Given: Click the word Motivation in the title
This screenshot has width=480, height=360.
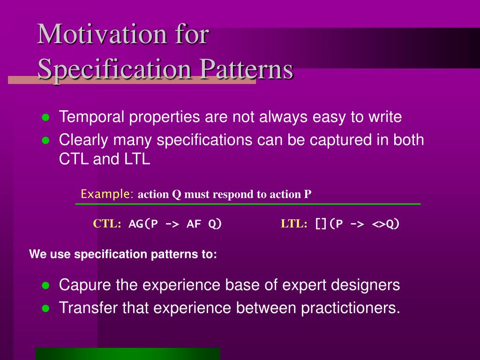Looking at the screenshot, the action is click(x=102, y=34).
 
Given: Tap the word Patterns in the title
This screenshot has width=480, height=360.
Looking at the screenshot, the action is click(x=247, y=69).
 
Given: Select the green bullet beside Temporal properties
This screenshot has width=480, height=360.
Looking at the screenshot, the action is click(x=45, y=118).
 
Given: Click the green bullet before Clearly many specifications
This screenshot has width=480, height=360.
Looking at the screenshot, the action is click(x=45, y=141).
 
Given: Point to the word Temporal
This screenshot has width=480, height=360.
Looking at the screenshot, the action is click(x=91, y=117).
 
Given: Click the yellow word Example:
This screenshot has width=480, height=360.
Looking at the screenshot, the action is click(x=107, y=194).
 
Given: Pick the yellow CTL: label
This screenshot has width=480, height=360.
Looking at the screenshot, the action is click(x=107, y=224).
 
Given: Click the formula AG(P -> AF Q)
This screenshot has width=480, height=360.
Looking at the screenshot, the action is click(x=175, y=224).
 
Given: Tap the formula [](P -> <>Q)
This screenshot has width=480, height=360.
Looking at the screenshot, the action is click(x=357, y=224).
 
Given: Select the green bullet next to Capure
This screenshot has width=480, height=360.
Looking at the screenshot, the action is click(x=45, y=285).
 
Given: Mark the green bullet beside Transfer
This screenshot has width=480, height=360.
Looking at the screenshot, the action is click(x=45, y=308).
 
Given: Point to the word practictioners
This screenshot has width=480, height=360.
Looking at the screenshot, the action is click(x=351, y=308).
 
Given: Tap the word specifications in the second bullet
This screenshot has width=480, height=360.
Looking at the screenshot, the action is click(x=204, y=140).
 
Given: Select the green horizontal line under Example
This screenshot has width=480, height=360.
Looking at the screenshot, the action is click(x=248, y=204).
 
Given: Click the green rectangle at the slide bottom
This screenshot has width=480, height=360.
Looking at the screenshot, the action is click(x=128, y=354).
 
